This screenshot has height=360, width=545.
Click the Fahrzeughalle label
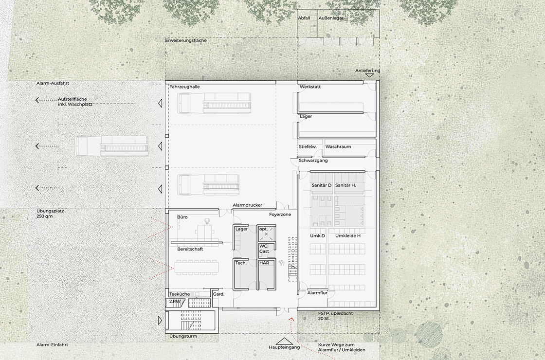184,87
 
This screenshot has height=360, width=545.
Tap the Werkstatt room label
310,87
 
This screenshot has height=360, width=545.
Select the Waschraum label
338,146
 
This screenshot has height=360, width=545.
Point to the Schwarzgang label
313,161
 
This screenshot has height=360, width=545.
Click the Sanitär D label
322,185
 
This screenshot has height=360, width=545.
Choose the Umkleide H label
348,236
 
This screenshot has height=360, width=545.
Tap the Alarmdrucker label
248,205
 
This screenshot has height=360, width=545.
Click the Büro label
182,217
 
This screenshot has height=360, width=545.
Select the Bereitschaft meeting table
197,267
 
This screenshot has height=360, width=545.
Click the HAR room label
264,263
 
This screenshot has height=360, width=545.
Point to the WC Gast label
264,249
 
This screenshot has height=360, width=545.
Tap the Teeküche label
180,294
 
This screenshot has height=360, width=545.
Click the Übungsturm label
183,336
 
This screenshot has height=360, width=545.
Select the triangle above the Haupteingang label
284,341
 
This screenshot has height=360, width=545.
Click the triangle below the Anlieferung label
369,75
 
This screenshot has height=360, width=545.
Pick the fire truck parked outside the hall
111,146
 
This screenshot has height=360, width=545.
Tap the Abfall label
304,18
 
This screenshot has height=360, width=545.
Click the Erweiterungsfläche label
186,40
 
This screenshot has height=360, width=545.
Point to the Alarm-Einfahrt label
52,345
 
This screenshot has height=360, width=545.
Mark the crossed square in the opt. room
266,234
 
